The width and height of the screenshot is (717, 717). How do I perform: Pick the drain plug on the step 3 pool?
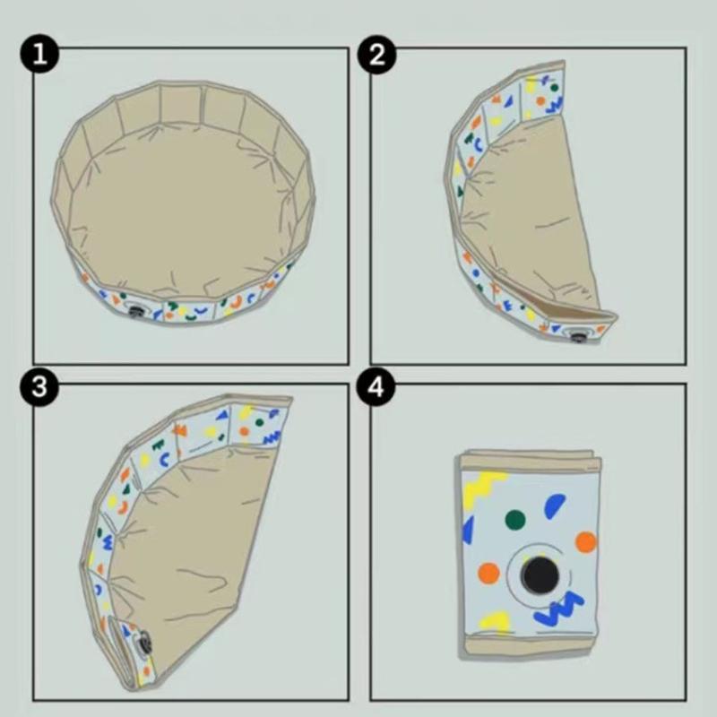[141, 643]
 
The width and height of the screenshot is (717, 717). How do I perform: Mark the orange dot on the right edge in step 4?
[585, 541]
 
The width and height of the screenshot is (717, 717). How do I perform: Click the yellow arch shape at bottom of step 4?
[496, 620]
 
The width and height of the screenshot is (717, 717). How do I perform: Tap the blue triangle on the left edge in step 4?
[467, 530]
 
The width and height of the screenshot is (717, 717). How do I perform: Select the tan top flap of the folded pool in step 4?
[529, 459]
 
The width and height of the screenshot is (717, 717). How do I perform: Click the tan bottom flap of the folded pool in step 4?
[529, 644]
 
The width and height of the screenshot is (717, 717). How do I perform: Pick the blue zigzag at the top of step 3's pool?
[270, 436]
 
